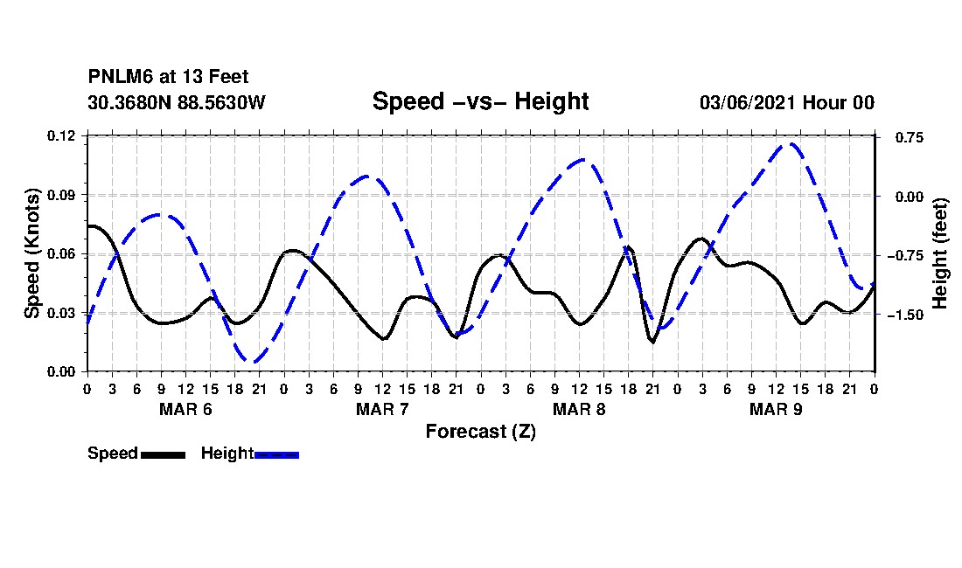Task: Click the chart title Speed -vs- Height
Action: click(480, 101)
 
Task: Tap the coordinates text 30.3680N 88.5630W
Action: click(177, 102)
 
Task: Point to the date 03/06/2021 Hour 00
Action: click(787, 102)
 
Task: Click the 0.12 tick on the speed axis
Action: click(61, 135)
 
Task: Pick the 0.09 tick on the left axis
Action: click(61, 195)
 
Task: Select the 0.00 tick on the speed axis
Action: click(61, 371)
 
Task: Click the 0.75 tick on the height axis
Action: click(910, 138)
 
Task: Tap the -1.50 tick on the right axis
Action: click(905, 315)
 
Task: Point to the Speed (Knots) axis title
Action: click(31, 253)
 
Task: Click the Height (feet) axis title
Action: click(939, 253)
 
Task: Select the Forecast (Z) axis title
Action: click(481, 432)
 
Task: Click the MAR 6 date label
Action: click(185, 409)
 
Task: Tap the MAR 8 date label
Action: click(579, 409)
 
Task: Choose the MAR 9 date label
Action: click(776, 409)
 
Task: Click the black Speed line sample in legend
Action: click(164, 454)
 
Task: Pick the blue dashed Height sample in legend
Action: click(276, 454)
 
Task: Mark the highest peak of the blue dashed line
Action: click(791, 144)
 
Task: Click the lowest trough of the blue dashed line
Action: click(252, 362)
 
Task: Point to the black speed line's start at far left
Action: click(88, 226)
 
